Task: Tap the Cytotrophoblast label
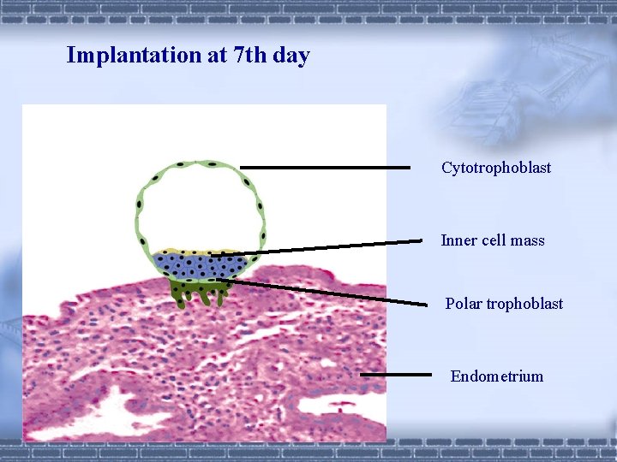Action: pyautogui.click(x=496, y=168)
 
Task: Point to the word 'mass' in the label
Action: pyautogui.click(x=528, y=240)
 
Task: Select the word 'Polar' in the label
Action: pyautogui.click(x=464, y=304)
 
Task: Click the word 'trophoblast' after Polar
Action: pyautogui.click(x=524, y=304)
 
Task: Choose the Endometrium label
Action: pyautogui.click(x=496, y=376)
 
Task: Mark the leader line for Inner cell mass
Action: pyautogui.click(x=326, y=246)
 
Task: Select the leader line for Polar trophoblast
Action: pyautogui.click(x=326, y=292)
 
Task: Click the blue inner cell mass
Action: pyautogui.click(x=197, y=264)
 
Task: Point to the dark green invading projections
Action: pyautogui.click(x=201, y=293)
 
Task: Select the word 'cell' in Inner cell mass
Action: pyautogui.click(x=496, y=240)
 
